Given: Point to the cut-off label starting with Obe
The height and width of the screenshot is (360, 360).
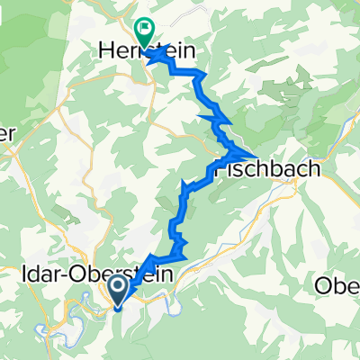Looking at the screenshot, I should (337, 286).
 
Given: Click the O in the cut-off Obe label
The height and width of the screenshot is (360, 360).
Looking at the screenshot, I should (321, 286).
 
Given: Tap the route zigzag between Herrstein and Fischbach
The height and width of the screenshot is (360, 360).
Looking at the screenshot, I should (216, 117).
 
